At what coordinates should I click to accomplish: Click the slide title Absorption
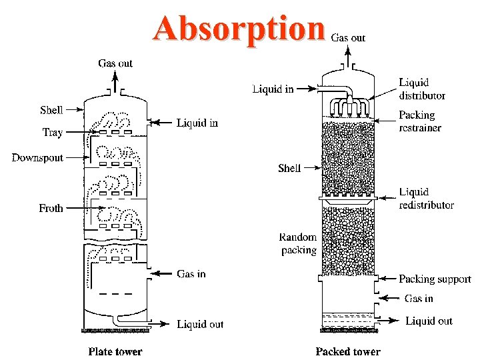point(239,28)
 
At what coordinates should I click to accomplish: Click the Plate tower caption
point(115,351)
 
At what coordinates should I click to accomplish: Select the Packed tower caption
point(348,351)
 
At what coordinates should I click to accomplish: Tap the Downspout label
point(37,158)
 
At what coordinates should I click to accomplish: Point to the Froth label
point(51,208)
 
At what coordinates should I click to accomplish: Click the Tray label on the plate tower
point(53,132)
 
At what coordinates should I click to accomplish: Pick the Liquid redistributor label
point(427,199)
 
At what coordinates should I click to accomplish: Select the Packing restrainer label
point(420,121)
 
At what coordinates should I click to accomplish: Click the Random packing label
point(298,243)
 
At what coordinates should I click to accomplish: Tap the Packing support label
point(435,279)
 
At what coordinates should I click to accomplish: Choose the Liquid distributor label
point(422,89)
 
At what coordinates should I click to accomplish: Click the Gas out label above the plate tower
point(115,63)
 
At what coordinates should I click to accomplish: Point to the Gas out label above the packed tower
point(348,38)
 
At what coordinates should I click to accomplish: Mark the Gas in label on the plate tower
point(191,273)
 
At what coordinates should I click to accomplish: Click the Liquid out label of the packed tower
point(429,321)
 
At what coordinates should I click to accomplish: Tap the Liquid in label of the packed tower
point(273,89)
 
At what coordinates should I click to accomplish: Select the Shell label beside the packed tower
point(289,168)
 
